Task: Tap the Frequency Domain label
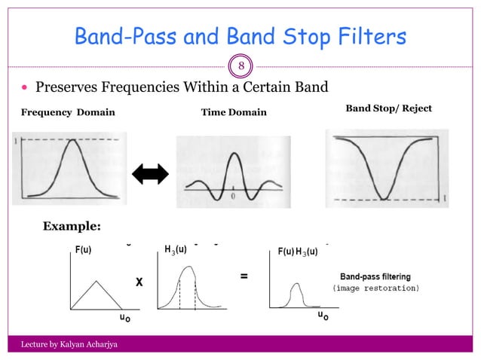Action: tap(67, 112)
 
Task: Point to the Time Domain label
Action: tap(233, 112)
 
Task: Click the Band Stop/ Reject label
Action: tap(388, 108)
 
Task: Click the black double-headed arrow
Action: tap(149, 175)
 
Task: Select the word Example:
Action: tap(72, 226)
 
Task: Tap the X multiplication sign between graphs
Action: tap(139, 282)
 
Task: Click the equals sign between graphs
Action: tap(244, 276)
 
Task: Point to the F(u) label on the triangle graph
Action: tap(83, 251)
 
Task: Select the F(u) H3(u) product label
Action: tap(296, 251)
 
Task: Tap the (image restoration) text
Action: tap(375, 288)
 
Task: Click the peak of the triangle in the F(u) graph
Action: tap(95, 281)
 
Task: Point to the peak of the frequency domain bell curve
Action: tap(71, 140)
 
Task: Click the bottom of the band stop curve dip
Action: tap(384, 200)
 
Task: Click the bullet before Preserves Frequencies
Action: tap(24, 88)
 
